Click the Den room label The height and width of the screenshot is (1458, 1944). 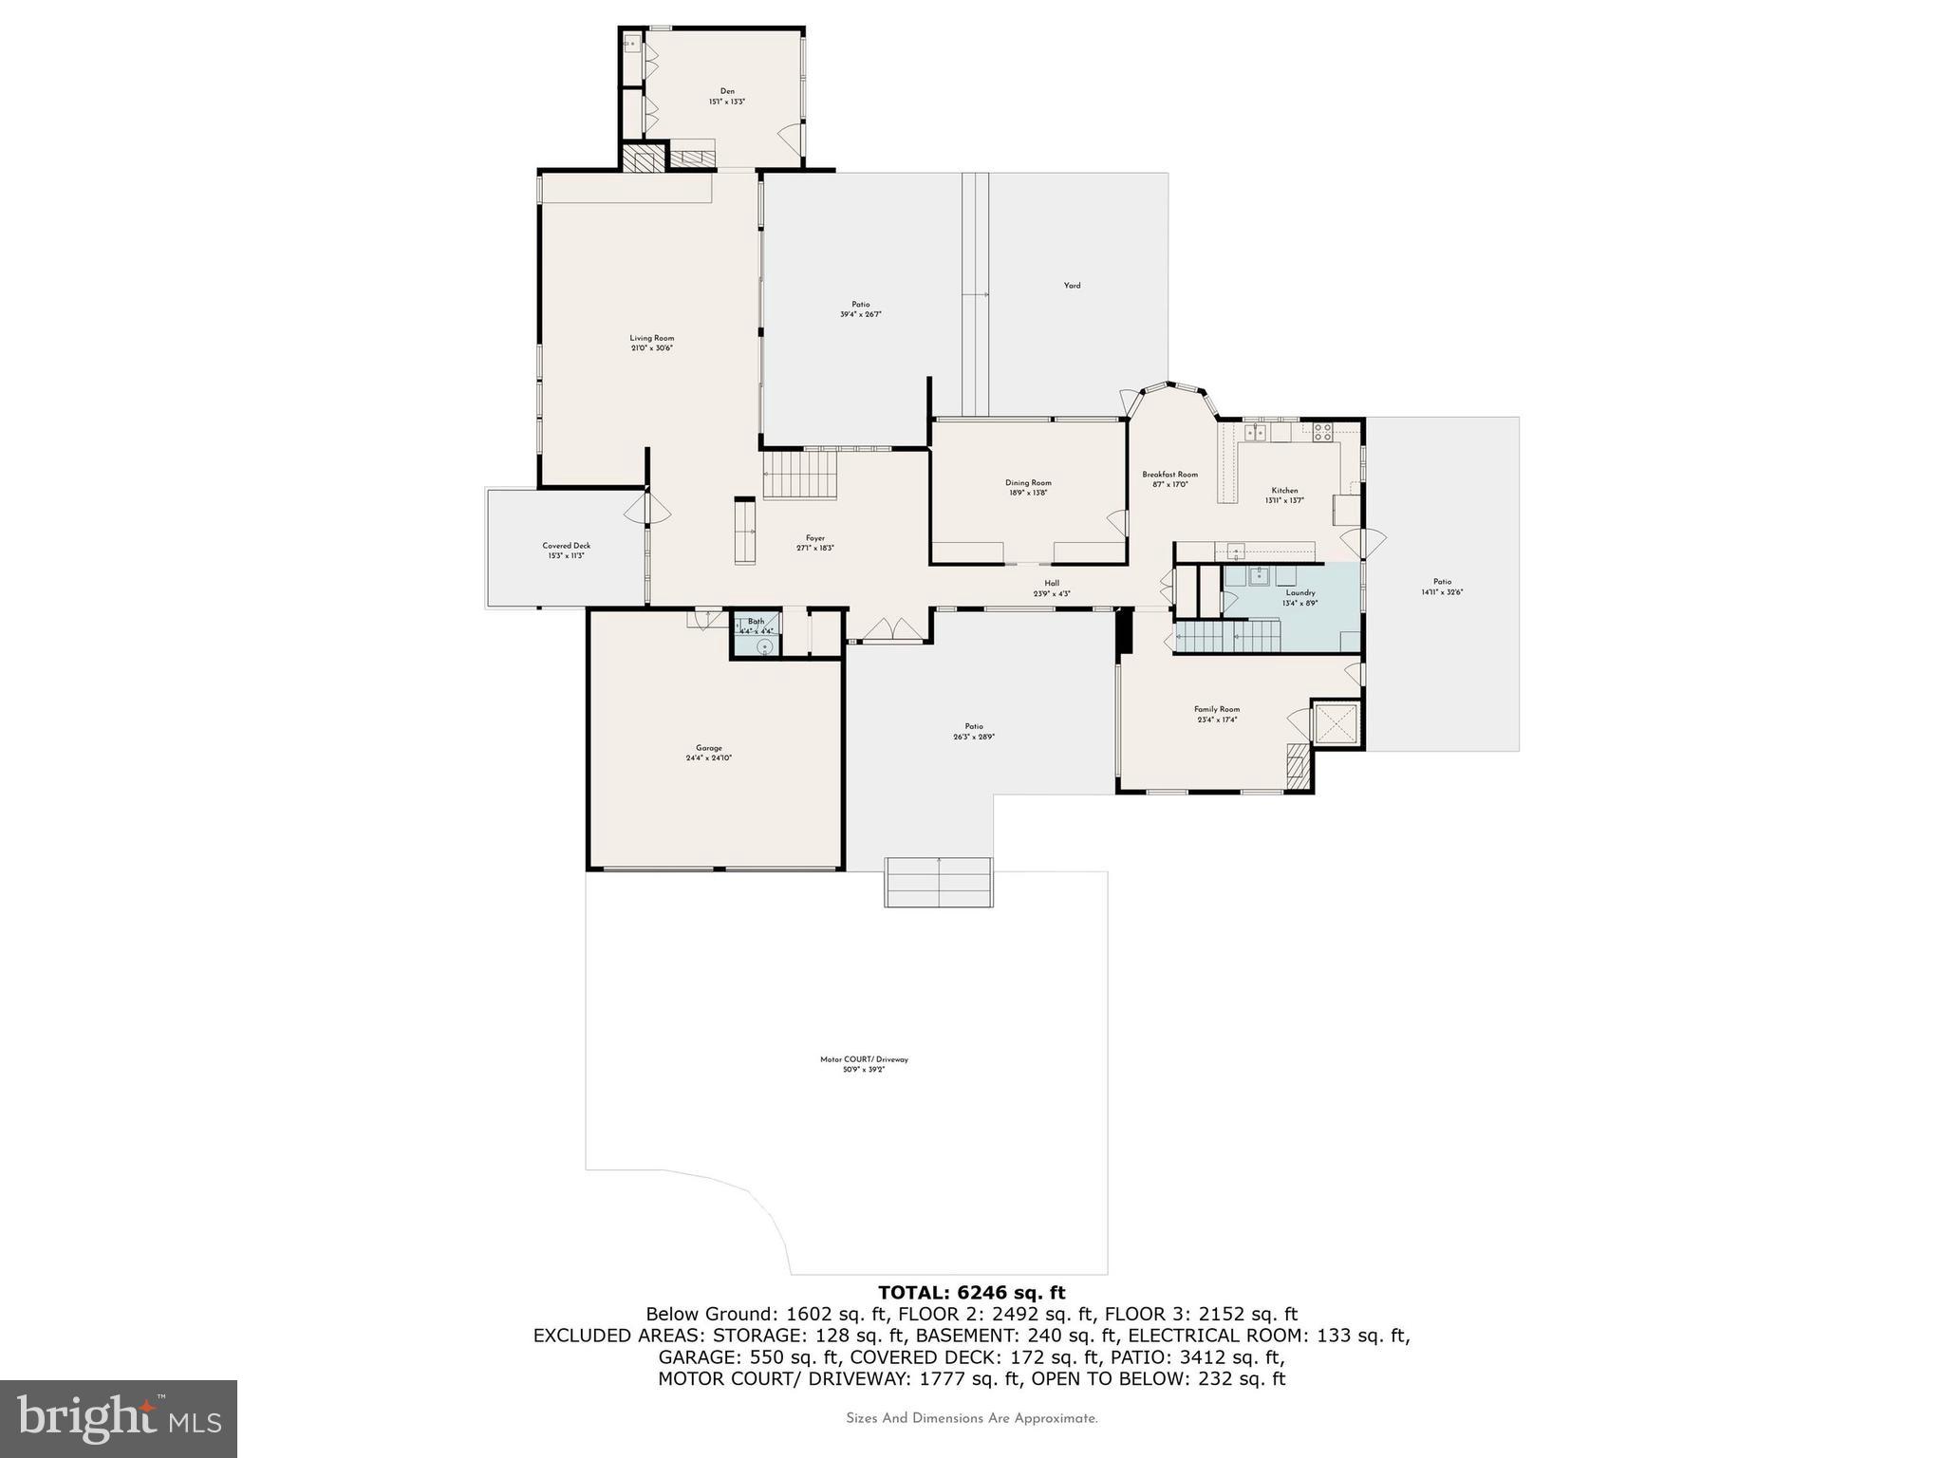[x=727, y=96]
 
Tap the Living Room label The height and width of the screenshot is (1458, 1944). [x=652, y=343]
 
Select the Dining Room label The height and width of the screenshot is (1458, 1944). [x=1028, y=487]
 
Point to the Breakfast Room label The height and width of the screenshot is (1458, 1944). [x=1169, y=478]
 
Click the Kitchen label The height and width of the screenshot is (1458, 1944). [x=1284, y=495]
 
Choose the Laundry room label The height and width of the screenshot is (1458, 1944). [x=1299, y=597]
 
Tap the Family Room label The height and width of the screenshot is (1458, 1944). [x=1216, y=714]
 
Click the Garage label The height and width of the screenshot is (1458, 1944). [x=708, y=753]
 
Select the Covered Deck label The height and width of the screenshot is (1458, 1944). [x=567, y=551]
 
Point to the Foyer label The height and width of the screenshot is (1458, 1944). [x=815, y=542]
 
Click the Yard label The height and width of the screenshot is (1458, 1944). [x=1072, y=285]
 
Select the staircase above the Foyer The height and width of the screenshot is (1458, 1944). [x=801, y=475]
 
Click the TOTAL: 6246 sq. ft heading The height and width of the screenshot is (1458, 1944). [x=971, y=1292]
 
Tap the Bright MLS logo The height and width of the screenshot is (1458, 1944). [x=119, y=1418]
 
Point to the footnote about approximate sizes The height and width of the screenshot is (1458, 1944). [x=971, y=1418]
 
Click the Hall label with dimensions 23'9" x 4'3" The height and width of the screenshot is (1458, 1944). [x=1052, y=589]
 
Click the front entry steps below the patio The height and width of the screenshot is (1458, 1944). [x=939, y=882]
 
